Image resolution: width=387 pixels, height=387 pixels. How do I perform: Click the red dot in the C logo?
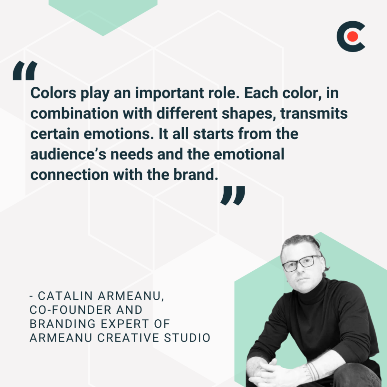click(353, 36)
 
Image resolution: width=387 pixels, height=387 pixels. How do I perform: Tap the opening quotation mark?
click(25, 71)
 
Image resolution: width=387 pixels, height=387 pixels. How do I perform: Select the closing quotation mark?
click(233, 195)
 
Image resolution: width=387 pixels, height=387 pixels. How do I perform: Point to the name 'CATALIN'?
click(62, 296)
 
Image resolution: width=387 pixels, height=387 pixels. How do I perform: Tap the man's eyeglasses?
click(301, 263)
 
